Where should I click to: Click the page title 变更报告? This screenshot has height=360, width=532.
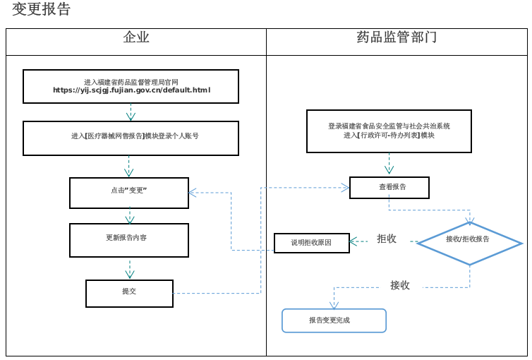pos(42,10)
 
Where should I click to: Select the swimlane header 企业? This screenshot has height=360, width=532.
pos(136,38)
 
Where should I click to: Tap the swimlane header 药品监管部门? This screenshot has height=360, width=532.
pos(397,38)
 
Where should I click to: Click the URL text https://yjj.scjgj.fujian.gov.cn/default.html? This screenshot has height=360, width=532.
pos(131,90)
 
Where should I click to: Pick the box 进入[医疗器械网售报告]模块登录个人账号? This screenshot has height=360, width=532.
pos(131,137)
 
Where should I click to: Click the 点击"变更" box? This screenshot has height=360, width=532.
pos(128,192)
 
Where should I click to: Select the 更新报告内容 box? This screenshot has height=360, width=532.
pos(128,239)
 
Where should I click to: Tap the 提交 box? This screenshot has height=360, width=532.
pos(129,293)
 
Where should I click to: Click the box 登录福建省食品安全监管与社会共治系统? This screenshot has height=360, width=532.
pos(389,131)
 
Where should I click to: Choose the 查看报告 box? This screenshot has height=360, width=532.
pos(389,187)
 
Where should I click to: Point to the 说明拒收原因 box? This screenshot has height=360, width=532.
pos(311,243)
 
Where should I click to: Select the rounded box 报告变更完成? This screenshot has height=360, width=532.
pos(334,320)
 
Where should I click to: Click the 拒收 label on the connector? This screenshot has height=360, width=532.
pos(387,239)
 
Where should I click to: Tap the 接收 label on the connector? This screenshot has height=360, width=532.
pos(400,285)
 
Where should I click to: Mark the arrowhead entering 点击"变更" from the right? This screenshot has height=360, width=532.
pos(193,192)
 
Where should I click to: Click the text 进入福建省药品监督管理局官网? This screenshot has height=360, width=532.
pos(131,82)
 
